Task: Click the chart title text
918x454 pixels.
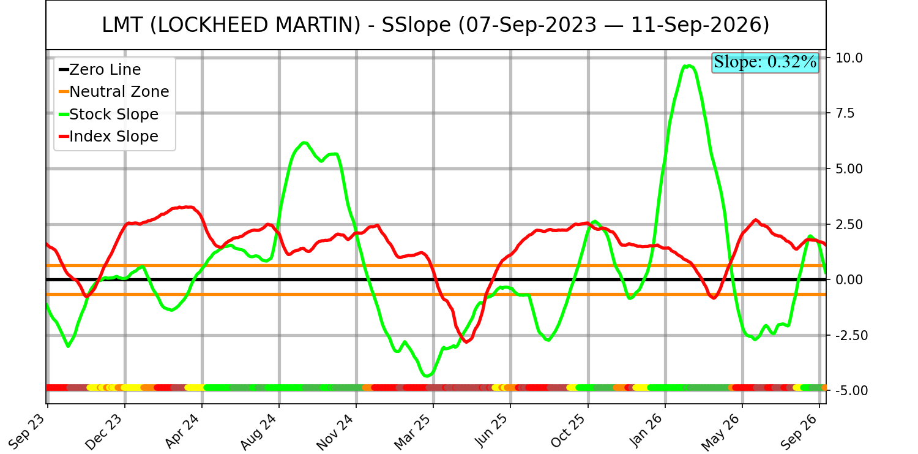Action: pos(435,25)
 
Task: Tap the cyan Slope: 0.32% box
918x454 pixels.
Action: pos(765,62)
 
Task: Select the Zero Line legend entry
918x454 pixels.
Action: pos(100,70)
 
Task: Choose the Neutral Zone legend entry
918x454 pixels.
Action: pos(114,91)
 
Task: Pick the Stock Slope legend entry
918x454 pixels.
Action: pos(108,114)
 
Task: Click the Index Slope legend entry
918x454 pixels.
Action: pos(108,136)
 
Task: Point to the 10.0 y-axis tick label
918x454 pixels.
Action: pos(849,58)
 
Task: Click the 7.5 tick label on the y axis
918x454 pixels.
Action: pos(845,113)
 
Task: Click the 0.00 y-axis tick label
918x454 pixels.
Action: pos(849,280)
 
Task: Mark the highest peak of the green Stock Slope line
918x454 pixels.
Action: pos(688,66)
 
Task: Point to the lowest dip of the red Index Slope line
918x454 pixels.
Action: pos(467,342)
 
